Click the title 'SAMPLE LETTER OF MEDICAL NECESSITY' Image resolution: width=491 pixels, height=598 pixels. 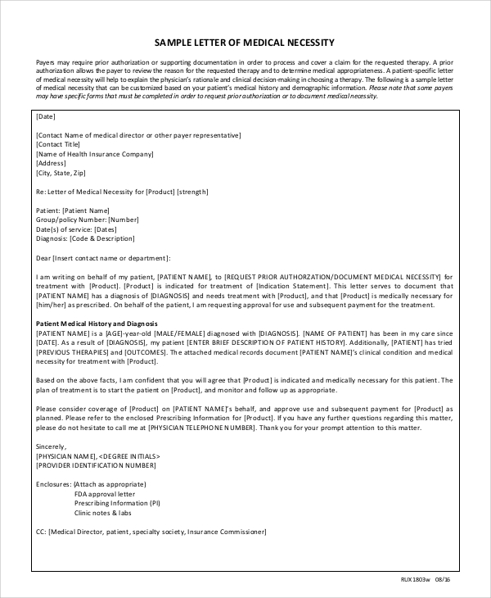245,43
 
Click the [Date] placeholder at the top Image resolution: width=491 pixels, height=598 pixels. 46,116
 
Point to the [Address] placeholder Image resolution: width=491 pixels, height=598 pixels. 52,164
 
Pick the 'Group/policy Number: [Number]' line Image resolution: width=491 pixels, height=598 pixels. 88,220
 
